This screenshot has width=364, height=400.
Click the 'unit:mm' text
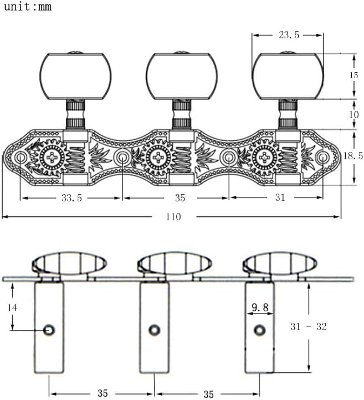click(28, 6)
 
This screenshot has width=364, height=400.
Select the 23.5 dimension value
click(289, 35)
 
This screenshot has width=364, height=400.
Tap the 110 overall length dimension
click(173, 217)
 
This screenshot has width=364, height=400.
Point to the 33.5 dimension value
click(71, 198)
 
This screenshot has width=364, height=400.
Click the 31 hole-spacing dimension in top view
click(280, 197)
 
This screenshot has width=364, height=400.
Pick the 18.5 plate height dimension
click(353, 155)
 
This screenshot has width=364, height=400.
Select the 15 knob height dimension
click(353, 75)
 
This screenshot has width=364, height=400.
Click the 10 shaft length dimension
click(354, 114)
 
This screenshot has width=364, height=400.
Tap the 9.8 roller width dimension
click(260, 307)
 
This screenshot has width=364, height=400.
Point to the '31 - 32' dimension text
click(309, 327)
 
